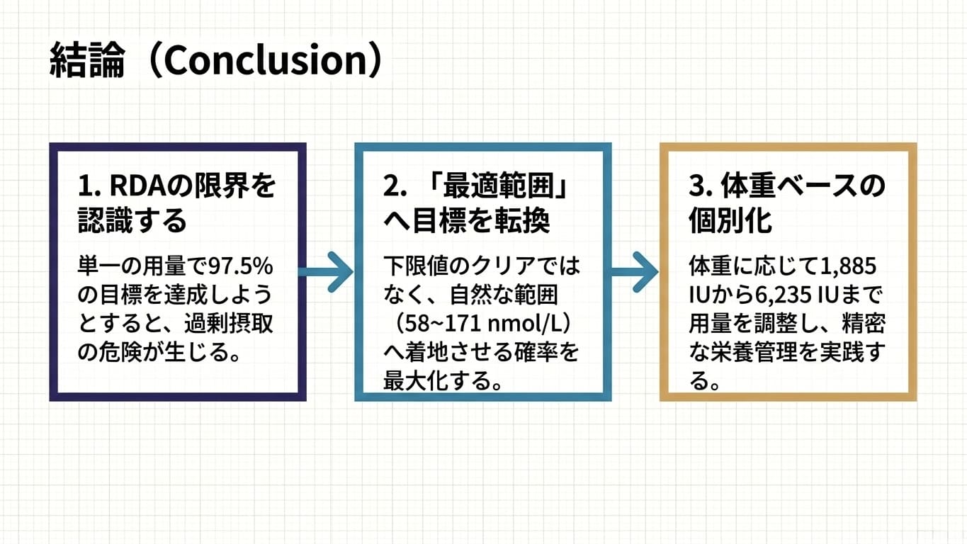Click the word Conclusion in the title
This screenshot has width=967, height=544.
pyautogui.click(x=266, y=60)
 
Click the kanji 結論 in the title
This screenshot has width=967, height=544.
pyautogui.click(x=87, y=60)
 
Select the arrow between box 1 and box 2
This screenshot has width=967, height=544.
pyautogui.click(x=327, y=272)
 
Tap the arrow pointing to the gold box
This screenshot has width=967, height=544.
pyautogui.click(x=635, y=272)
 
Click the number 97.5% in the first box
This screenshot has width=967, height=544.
pyautogui.click(x=241, y=266)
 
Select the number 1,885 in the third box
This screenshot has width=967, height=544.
pyautogui.click(x=848, y=266)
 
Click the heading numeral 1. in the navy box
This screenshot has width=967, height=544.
pyautogui.click(x=89, y=186)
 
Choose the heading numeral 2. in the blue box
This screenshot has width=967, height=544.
pyautogui.click(x=395, y=186)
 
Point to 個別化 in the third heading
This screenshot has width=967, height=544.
pyautogui.click(x=730, y=221)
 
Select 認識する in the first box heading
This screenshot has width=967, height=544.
pyautogui.click(x=132, y=221)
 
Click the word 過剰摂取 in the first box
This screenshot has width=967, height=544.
pyautogui.click(x=230, y=324)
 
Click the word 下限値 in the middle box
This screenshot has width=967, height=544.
pyautogui.click(x=415, y=266)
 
